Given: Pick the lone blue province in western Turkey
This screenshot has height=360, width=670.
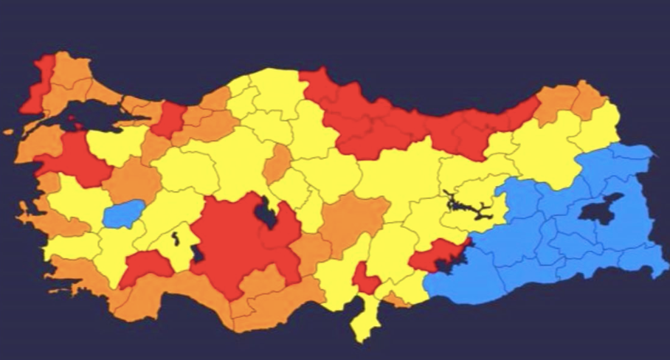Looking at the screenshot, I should pyautogui.click(x=124, y=214).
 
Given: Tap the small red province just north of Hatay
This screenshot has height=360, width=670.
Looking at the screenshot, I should pyautogui.click(x=365, y=279).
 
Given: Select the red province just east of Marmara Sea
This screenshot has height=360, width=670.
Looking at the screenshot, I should pyautogui.click(x=169, y=120).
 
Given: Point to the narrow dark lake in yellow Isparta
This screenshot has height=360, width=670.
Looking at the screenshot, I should pyautogui.click(x=176, y=238).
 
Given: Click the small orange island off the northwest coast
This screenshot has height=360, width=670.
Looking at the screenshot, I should pyautogui.click(x=8, y=132).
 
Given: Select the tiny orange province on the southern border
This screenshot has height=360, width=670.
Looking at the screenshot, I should pyautogui.click(x=398, y=300).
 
